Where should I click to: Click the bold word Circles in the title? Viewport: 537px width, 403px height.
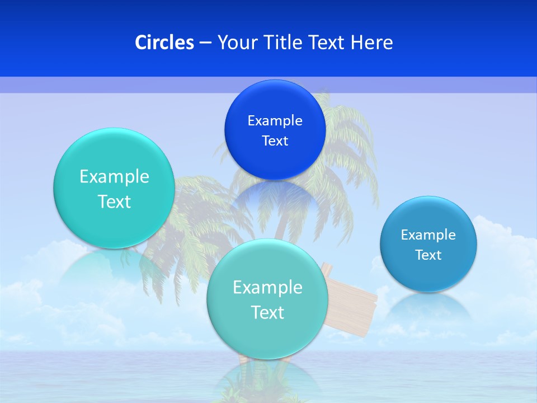[164, 43]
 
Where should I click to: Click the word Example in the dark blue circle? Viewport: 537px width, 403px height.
[275, 121]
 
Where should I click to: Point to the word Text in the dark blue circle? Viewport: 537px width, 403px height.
[275, 141]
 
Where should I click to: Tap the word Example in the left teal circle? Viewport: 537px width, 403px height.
[114, 177]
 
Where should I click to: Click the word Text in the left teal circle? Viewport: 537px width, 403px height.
[114, 201]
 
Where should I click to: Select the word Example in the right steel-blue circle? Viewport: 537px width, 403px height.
[428, 235]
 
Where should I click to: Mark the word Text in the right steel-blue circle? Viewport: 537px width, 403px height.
[428, 255]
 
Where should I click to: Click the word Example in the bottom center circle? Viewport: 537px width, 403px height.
[267, 288]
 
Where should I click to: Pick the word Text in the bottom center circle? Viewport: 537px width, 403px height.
[267, 312]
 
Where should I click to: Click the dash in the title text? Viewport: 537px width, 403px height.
[205, 43]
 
